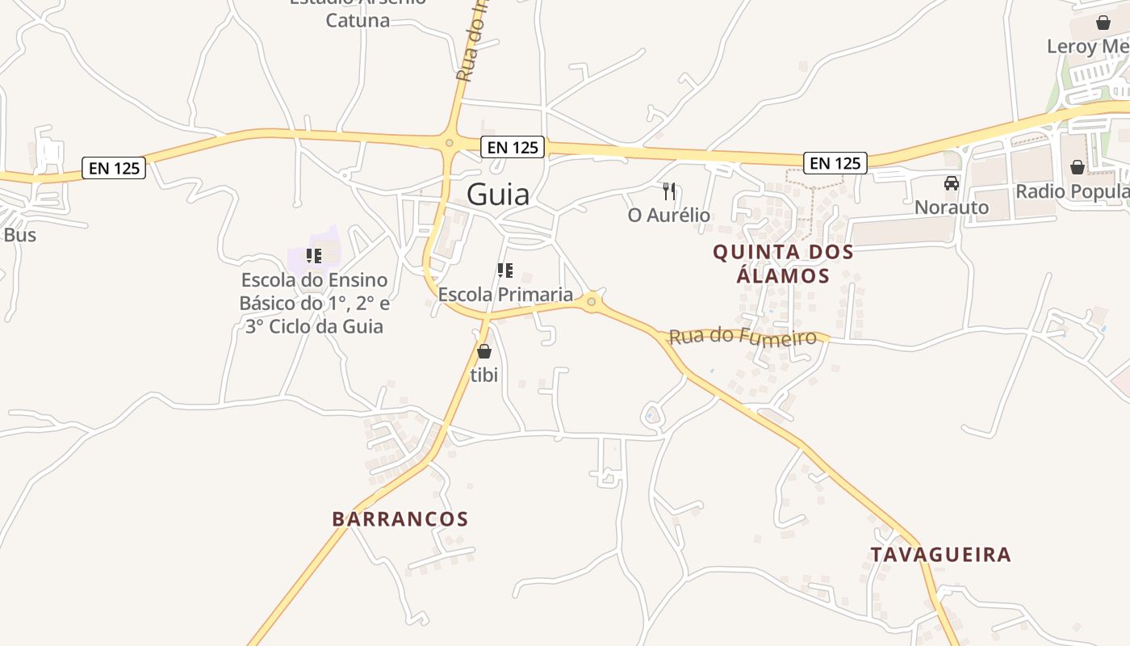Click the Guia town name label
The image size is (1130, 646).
click(498, 195)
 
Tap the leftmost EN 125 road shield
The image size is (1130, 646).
click(114, 168)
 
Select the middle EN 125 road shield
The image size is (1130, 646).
click(513, 147)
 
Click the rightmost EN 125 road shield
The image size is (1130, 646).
click(835, 163)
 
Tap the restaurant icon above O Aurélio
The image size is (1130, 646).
click(668, 191)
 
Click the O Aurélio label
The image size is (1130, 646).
click(668, 216)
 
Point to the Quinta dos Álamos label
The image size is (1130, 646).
click(783, 264)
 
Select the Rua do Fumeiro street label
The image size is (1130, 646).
click(743, 335)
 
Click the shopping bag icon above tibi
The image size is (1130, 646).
click(484, 351)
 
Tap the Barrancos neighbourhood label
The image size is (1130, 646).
click(400, 519)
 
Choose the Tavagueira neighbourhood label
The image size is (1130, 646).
click(940, 555)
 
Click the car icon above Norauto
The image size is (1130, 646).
click(952, 183)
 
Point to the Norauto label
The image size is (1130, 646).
click(952, 208)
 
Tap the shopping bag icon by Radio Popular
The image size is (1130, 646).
click(1077, 167)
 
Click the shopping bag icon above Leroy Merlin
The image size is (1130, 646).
click(1103, 23)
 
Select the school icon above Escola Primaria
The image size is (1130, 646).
click(505, 271)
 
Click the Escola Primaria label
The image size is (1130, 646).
click(505, 295)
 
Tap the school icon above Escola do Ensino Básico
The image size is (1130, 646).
click(314, 256)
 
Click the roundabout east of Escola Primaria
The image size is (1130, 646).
click(592, 301)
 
